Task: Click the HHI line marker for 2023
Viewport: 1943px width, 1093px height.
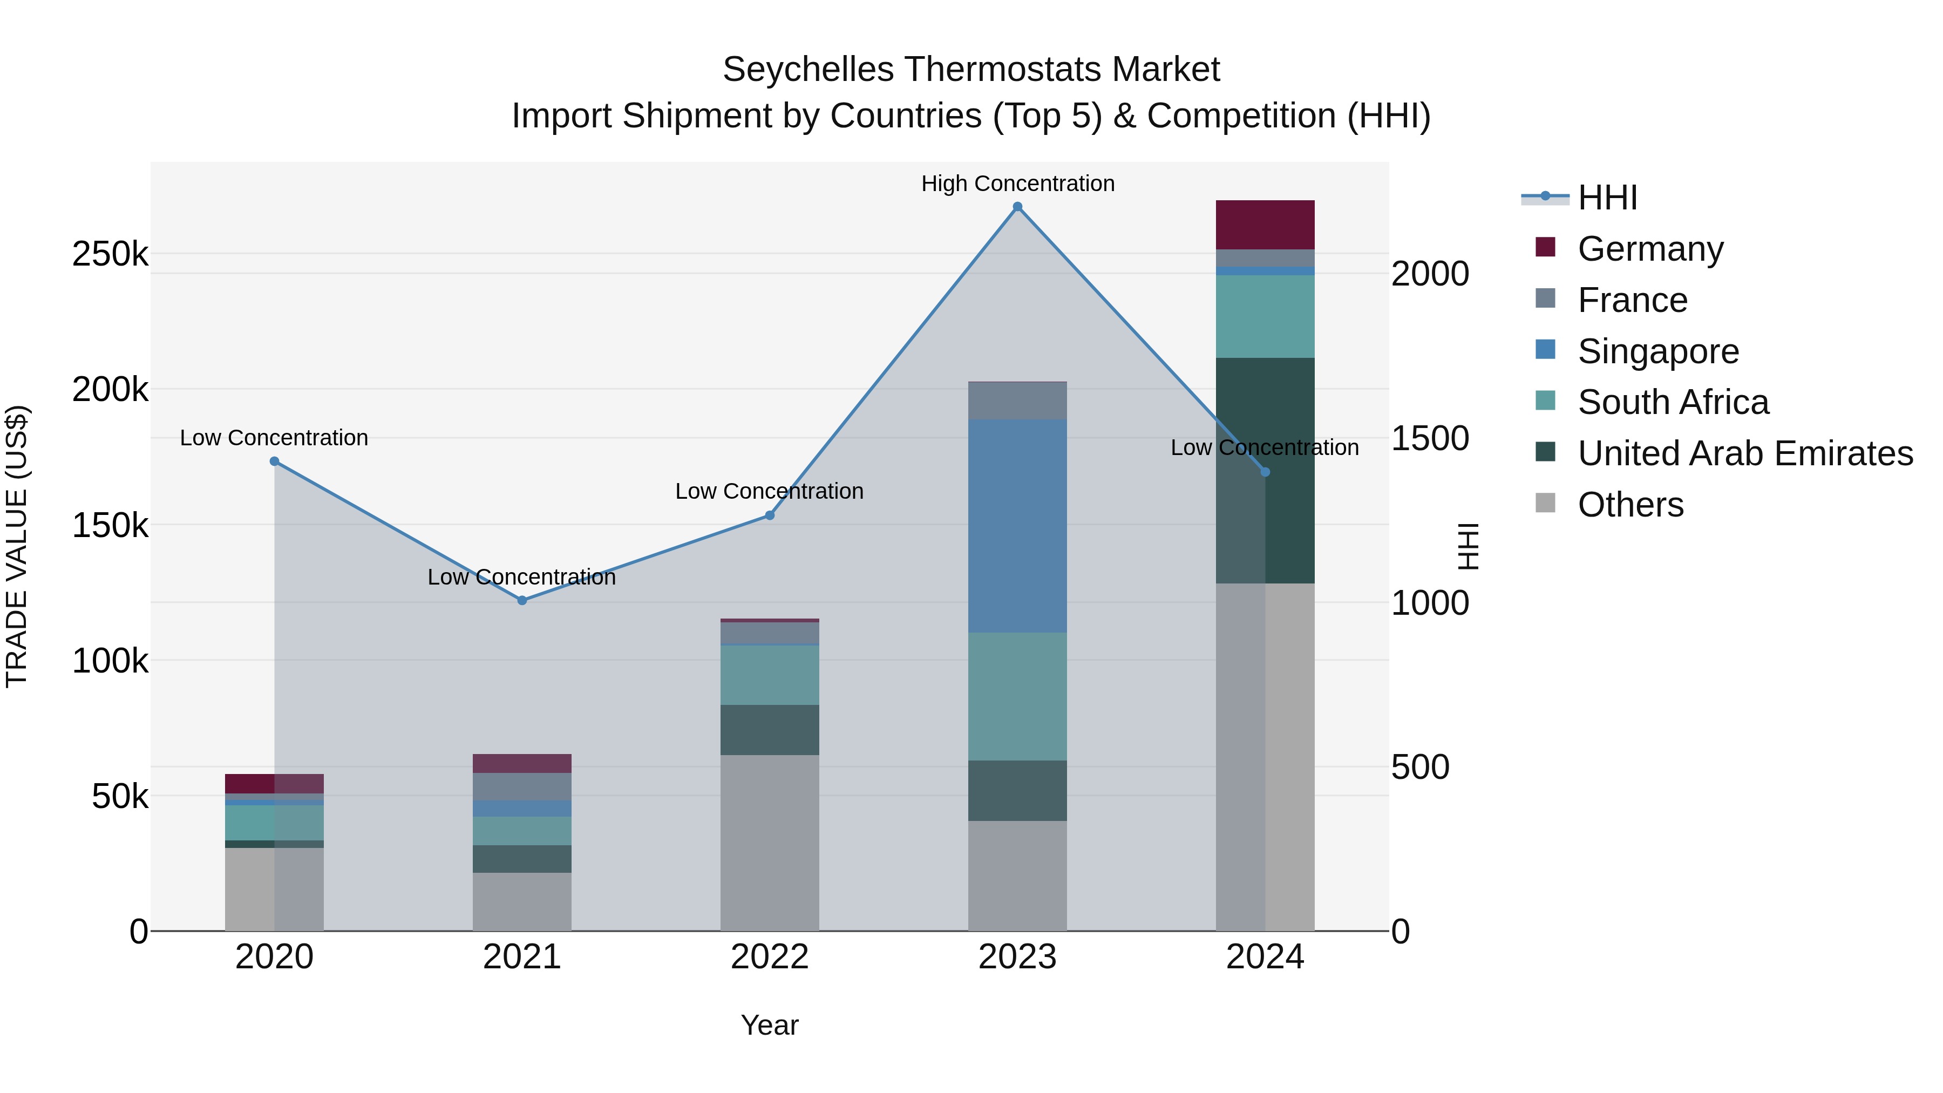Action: [1017, 207]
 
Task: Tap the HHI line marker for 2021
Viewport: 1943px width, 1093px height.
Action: [522, 600]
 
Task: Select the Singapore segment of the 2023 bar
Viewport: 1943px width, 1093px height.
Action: [1017, 526]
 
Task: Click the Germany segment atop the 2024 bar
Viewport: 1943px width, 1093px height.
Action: [1265, 225]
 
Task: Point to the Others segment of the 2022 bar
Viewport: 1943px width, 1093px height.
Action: [769, 843]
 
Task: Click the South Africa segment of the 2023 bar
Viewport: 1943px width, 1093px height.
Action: [1017, 696]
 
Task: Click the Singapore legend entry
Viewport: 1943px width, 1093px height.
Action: [1658, 351]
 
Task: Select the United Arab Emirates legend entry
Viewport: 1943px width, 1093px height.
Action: [1744, 453]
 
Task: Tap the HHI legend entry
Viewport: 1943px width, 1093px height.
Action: [1607, 198]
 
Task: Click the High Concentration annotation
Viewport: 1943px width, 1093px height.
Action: [1017, 184]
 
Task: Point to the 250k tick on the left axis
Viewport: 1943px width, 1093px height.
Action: [110, 254]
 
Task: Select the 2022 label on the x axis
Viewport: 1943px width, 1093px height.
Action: [769, 957]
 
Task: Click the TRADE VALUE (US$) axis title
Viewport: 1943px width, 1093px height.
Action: [17, 546]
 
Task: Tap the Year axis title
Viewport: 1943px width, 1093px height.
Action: [769, 1025]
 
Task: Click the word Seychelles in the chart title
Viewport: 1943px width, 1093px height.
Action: [810, 70]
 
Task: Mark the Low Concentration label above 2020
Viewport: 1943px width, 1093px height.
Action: [274, 438]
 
